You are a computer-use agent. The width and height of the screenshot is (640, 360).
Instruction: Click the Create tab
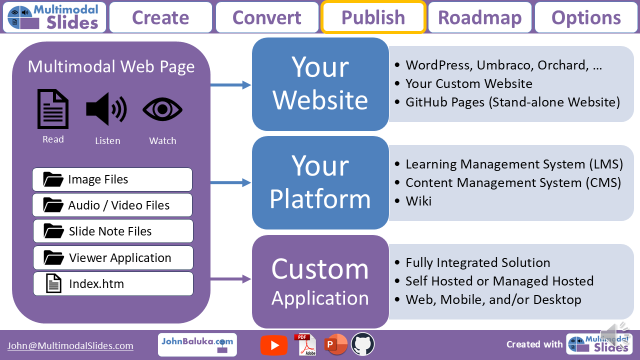160,17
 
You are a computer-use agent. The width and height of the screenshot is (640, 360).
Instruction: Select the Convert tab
267,17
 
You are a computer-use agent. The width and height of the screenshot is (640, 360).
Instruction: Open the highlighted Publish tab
373,17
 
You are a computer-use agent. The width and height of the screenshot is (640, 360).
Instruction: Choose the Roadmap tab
480,17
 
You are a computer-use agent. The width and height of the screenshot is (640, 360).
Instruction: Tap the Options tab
586,17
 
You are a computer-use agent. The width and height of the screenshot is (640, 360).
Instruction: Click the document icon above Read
53,109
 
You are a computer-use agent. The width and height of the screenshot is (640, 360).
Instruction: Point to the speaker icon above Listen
106,109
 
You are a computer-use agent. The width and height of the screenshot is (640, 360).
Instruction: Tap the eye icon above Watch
162,109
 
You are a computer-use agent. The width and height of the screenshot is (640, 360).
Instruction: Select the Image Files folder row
112,179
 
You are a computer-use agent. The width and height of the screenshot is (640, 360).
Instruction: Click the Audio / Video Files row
112,205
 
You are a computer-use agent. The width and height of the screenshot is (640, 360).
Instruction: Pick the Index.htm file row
113,284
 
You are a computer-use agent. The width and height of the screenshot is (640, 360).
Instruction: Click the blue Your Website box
320,84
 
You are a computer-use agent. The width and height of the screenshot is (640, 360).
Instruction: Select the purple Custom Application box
320,281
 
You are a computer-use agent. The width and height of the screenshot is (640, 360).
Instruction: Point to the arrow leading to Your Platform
230,183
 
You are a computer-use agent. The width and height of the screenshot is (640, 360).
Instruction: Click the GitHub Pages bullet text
512,102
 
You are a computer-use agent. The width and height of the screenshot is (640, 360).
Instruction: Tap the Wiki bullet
418,201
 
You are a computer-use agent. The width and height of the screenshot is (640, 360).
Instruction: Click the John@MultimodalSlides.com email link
70,345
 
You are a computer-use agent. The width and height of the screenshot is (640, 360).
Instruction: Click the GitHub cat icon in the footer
363,344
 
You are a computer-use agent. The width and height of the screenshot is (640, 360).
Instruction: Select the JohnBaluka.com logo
197,344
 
